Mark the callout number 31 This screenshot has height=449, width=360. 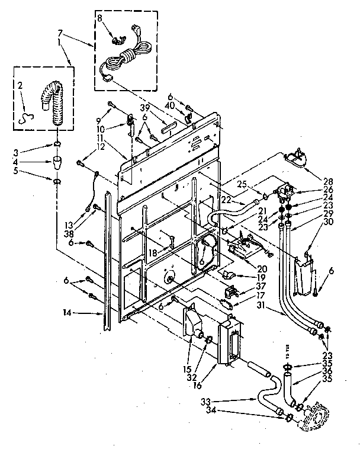261,306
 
